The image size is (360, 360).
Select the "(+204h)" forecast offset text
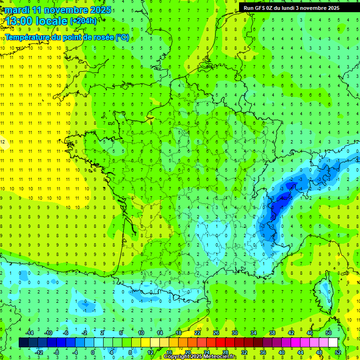coord(83,21)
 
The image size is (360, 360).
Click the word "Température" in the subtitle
coord(26,37)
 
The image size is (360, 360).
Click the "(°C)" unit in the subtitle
coord(122,37)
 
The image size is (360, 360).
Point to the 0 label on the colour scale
coord(93,352)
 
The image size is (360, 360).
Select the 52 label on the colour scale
coord(337,352)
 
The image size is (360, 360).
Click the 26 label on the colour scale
coord(216,333)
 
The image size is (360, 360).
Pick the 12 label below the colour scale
coord(150,352)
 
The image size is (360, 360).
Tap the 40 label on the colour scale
coord(281,352)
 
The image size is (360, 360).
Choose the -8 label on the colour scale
coord(57,352)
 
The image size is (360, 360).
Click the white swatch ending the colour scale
coord(333,343)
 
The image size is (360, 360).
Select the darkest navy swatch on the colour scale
coord(24,343)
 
